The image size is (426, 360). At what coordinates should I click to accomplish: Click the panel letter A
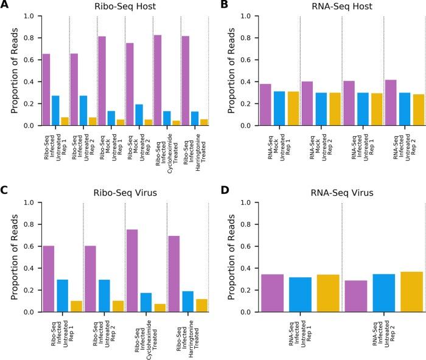(x=5, y=5)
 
